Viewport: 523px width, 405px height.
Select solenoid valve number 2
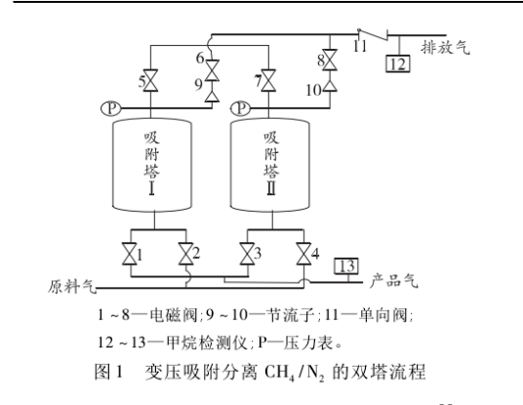pos(184,255)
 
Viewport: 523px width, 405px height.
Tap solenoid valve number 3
pos(247,255)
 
